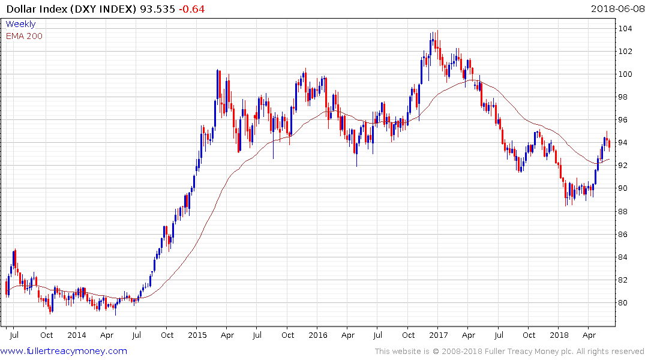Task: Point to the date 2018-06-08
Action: [616, 10]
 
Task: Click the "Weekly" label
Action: [20, 24]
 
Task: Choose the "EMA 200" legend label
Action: [24, 36]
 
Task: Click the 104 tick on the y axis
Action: [626, 29]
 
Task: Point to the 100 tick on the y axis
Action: [626, 74]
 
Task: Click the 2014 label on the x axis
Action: [77, 335]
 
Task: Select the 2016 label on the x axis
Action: [319, 335]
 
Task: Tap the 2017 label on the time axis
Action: [439, 335]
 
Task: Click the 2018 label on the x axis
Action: [559, 335]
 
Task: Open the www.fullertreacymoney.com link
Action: [64, 351]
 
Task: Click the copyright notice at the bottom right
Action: [509, 351]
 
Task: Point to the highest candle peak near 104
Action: [437, 31]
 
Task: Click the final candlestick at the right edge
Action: [610, 143]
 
